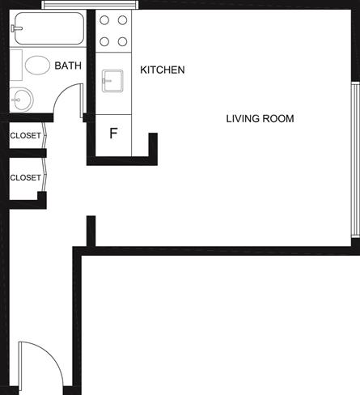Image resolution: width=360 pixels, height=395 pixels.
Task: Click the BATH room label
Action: pyautogui.click(x=68, y=66)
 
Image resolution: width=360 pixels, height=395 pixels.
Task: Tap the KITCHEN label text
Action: pyautogui.click(x=163, y=70)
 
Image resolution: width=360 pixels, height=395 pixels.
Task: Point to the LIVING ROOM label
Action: pyautogui.click(x=260, y=119)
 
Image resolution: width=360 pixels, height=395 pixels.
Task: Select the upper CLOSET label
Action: pyautogui.click(x=25, y=135)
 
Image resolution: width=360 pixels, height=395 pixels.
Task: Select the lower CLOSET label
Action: pyautogui.click(x=25, y=177)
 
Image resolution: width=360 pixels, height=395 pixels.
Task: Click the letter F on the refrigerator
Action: pyautogui.click(x=113, y=133)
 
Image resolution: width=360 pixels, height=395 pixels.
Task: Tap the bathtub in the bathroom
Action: pyautogui.click(x=49, y=28)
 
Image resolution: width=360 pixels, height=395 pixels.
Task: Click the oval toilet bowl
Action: pyautogui.click(x=37, y=66)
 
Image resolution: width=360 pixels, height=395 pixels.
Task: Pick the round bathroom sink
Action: pyautogui.click(x=21, y=100)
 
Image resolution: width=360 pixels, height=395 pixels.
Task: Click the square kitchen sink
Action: pyautogui.click(x=112, y=81)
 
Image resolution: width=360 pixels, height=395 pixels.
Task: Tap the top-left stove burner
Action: pyautogui.click(x=104, y=20)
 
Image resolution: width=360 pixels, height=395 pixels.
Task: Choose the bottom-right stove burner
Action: pyautogui.click(x=122, y=41)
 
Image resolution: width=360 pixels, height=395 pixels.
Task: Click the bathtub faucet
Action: pyautogui.click(x=16, y=28)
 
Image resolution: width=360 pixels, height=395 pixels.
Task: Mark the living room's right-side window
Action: pyautogui.click(x=355, y=159)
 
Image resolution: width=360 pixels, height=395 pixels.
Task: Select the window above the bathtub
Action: pyautogui.click(x=90, y=5)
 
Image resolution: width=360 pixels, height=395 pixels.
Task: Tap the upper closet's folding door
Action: pyautogui.click(x=44, y=135)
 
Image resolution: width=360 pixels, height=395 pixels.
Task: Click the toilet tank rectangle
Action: pyautogui.click(x=16, y=65)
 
